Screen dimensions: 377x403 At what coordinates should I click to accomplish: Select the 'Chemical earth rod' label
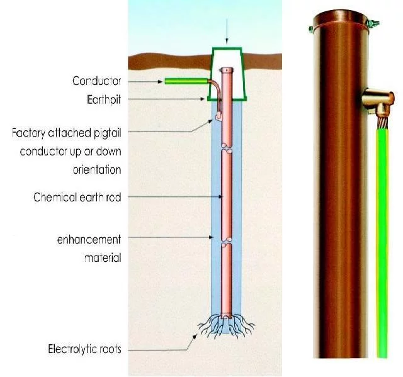[77, 197]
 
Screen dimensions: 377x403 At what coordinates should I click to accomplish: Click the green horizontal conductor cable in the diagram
[183, 81]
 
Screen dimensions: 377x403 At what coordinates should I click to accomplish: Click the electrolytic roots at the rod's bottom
[226, 325]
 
